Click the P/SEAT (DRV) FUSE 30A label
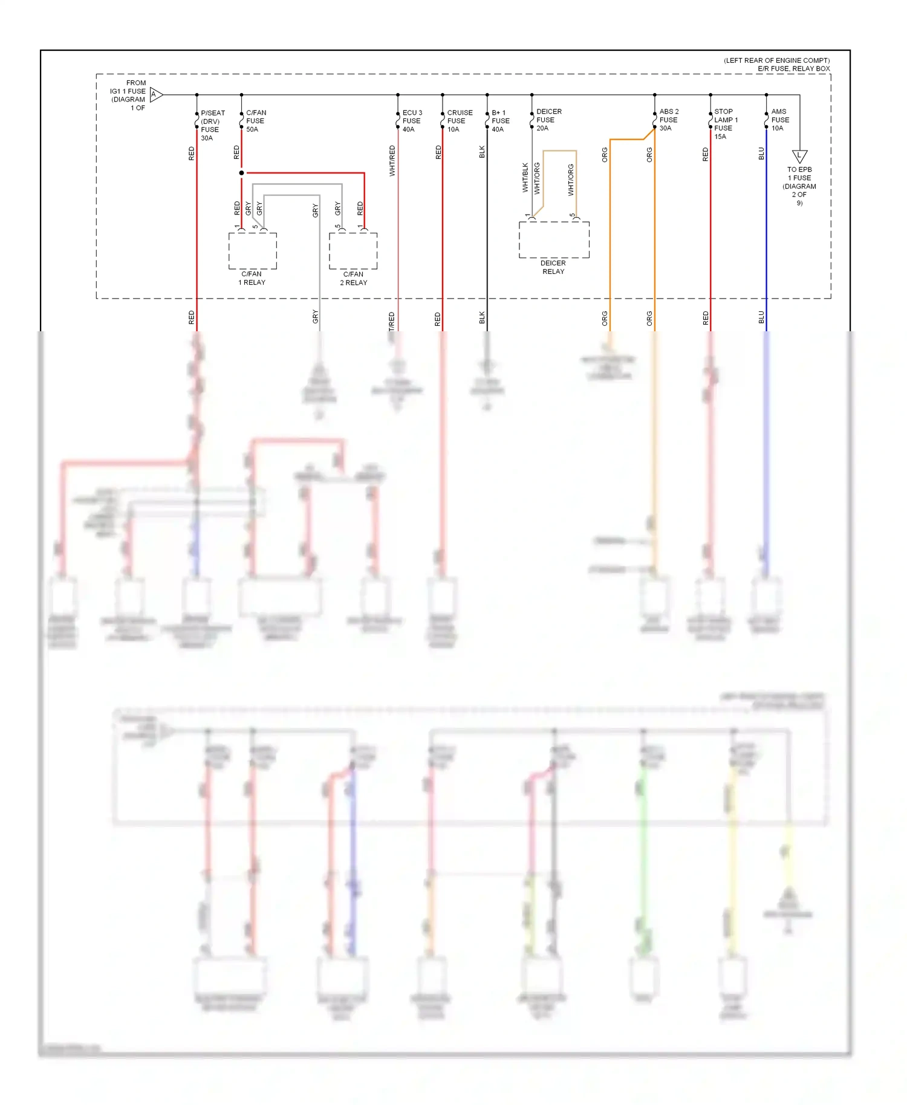coord(212,125)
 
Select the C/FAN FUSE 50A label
coord(255,121)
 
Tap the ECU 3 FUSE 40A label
coord(412,121)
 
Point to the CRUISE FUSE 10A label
coord(459,121)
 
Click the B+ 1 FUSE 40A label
coord(500,121)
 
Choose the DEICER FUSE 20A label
coord(548,120)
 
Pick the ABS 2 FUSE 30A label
coord(668,120)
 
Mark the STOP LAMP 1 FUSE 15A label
coord(725,124)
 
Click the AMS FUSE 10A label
coord(779,120)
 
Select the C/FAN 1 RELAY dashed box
coord(253,251)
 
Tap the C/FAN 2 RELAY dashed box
coord(353,251)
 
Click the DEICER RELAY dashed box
coord(554,240)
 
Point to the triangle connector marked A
coord(155,94)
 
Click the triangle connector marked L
coord(799,157)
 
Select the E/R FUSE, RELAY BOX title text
coord(793,69)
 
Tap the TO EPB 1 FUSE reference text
coord(799,186)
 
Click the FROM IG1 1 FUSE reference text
coord(129,96)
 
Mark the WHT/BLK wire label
coord(525,178)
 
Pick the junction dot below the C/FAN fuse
coord(242,173)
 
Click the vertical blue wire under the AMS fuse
coord(766,242)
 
